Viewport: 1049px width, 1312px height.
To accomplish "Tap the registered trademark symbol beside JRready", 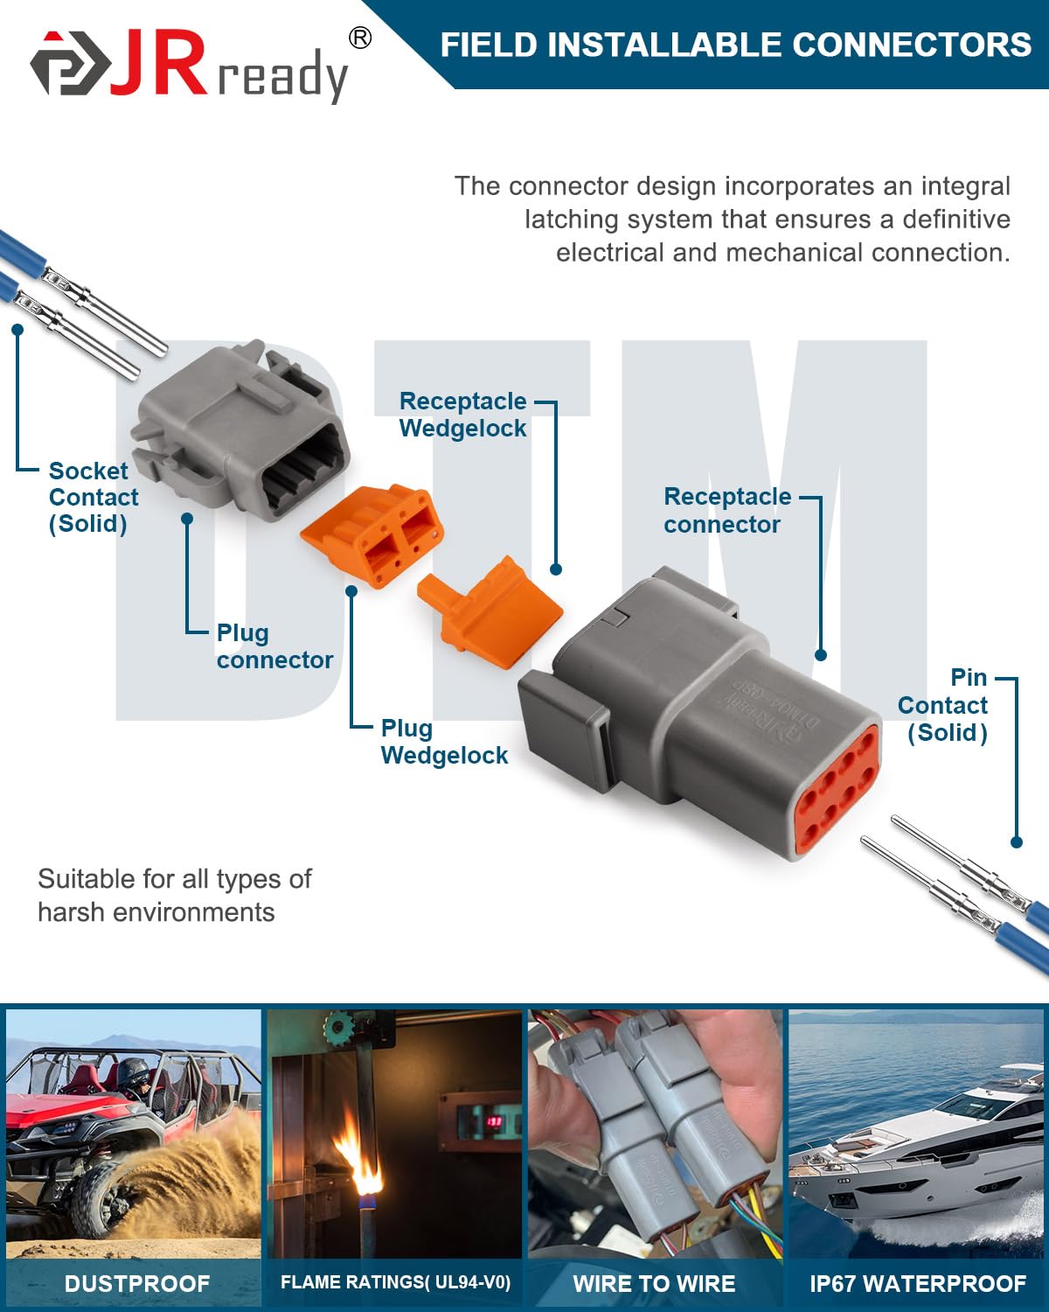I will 359,38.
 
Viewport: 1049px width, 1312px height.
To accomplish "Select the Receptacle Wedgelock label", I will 462,415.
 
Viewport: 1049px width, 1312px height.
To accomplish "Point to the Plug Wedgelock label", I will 444,742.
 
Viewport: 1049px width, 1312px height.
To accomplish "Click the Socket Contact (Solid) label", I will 93,497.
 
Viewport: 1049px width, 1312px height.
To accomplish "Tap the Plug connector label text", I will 274,646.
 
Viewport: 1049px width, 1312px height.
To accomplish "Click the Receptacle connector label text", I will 726,510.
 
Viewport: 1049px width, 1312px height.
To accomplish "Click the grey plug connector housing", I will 236,429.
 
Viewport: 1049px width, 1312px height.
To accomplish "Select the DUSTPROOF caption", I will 137,1283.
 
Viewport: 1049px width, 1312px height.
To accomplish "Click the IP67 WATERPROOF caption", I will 918,1283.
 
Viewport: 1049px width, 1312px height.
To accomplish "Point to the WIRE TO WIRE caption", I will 654,1283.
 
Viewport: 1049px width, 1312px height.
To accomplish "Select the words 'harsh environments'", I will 156,912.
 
